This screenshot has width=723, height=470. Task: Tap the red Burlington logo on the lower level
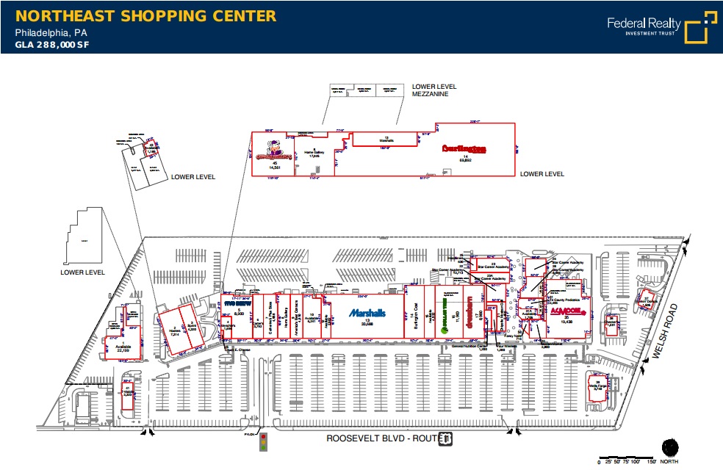click(x=465, y=148)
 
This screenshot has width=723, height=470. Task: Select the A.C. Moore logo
click(x=565, y=311)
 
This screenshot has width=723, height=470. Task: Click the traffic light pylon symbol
click(x=264, y=442)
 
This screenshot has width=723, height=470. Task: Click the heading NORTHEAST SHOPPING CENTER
click(x=145, y=16)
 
